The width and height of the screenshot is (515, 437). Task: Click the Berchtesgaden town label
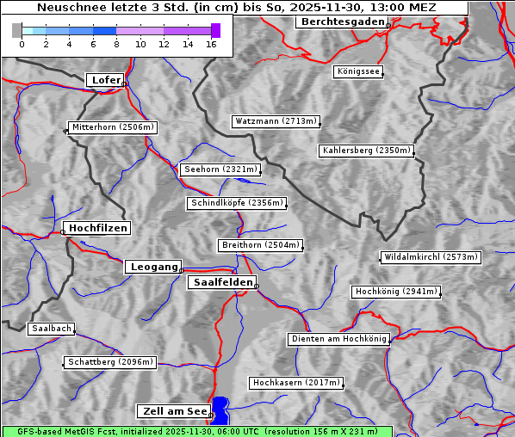click(x=342, y=22)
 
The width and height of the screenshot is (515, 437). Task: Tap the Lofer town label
click(x=106, y=80)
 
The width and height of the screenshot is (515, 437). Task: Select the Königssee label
click(x=360, y=71)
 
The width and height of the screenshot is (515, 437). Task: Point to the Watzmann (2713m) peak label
click(x=276, y=121)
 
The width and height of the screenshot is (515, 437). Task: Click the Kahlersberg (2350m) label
click(x=367, y=151)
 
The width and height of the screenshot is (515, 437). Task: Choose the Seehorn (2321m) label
click(x=220, y=169)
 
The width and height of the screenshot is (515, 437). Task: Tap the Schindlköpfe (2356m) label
click(x=236, y=203)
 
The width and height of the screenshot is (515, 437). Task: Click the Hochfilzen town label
click(x=98, y=228)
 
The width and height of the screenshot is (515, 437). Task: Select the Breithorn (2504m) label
click(x=260, y=245)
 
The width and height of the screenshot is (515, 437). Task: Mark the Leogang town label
click(x=154, y=267)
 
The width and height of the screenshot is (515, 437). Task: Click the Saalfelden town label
click(x=222, y=282)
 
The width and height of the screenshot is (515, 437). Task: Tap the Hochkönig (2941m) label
click(x=396, y=292)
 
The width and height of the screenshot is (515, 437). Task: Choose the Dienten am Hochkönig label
click(x=338, y=339)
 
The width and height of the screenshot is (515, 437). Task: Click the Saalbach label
click(x=51, y=329)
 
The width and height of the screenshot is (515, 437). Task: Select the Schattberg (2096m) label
click(x=109, y=362)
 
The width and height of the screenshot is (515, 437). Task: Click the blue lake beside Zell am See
click(x=221, y=410)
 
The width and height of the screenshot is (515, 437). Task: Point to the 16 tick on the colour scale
click(x=211, y=43)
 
